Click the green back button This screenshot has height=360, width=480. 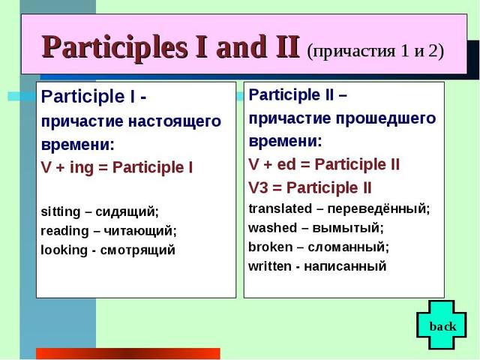click(x=442, y=325)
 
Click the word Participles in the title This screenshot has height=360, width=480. click(x=115, y=47)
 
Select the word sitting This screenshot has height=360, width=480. click(x=60, y=211)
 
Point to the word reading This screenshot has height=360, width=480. click(x=64, y=231)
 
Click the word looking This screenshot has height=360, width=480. click(x=64, y=250)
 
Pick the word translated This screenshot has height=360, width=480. click(x=280, y=208)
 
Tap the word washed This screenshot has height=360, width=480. click(x=272, y=228)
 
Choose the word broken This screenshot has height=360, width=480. click(x=270, y=247)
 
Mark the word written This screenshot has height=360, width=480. click(x=270, y=266)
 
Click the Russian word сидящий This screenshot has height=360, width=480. click(x=127, y=211)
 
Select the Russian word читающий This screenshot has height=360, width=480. click(x=140, y=231)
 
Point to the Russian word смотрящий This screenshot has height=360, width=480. click(x=138, y=250)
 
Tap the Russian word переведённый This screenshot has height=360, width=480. click(x=379, y=209)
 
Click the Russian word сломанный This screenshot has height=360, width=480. click(x=348, y=247)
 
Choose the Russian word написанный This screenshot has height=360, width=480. click(x=345, y=267)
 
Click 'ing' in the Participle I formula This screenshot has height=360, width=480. click(x=82, y=168)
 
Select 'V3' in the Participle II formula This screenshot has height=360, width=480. click(x=258, y=188)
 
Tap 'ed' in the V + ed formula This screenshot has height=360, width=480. click(x=286, y=164)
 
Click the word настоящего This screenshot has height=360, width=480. click(x=175, y=121)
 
